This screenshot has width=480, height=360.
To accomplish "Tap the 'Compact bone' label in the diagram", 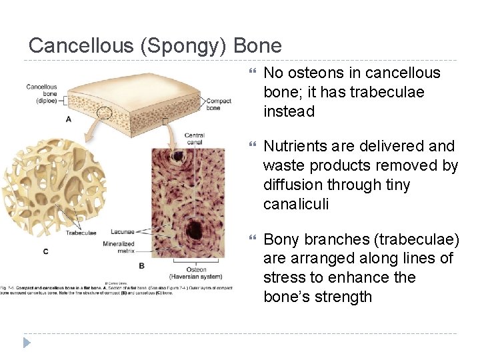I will tap(219, 104).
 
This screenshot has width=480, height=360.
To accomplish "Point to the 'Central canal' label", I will tap(194, 139).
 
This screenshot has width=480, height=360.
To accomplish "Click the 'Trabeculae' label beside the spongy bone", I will tap(82, 233).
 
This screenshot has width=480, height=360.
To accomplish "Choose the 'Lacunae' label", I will tap(122, 232).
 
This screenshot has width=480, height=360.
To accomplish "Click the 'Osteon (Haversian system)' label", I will tap(196, 273).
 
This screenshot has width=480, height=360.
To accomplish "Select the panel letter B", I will tap(142, 265).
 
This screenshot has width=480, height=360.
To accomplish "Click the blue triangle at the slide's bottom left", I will tap(27, 343).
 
